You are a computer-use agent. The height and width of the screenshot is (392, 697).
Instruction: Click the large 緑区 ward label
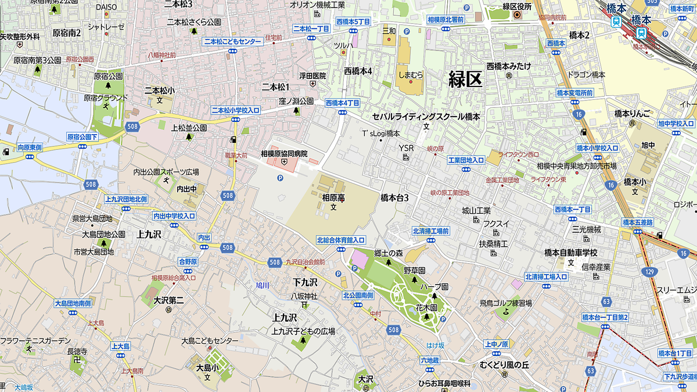click(x=465, y=78)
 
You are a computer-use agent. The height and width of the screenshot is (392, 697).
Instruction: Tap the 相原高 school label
click(x=333, y=197)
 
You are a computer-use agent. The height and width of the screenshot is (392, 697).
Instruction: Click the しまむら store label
click(x=411, y=75)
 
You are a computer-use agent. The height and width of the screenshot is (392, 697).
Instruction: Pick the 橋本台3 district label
click(x=394, y=197)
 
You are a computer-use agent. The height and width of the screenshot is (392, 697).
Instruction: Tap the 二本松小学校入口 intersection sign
click(x=235, y=110)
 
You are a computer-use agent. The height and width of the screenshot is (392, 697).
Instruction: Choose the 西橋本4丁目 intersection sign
click(x=343, y=102)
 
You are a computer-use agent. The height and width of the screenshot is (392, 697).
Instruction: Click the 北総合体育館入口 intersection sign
click(x=340, y=240)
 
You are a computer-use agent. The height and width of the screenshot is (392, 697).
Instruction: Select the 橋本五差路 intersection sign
click(x=637, y=222)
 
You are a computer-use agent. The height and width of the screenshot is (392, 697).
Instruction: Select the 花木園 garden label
click(x=426, y=307)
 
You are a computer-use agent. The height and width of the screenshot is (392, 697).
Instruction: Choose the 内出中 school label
click(x=187, y=189)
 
